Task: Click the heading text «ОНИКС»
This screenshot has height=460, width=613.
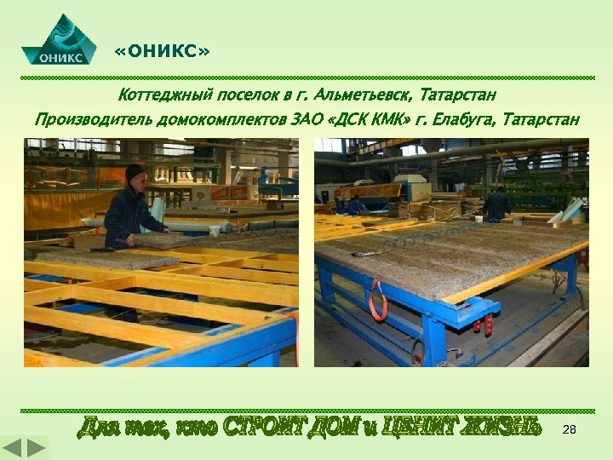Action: (161, 53)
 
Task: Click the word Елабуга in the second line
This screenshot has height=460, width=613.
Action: (461, 118)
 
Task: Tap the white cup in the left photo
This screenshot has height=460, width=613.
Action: (215, 230)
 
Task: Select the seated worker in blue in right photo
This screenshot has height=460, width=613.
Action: (357, 204)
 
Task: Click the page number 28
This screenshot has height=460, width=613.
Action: (570, 431)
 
